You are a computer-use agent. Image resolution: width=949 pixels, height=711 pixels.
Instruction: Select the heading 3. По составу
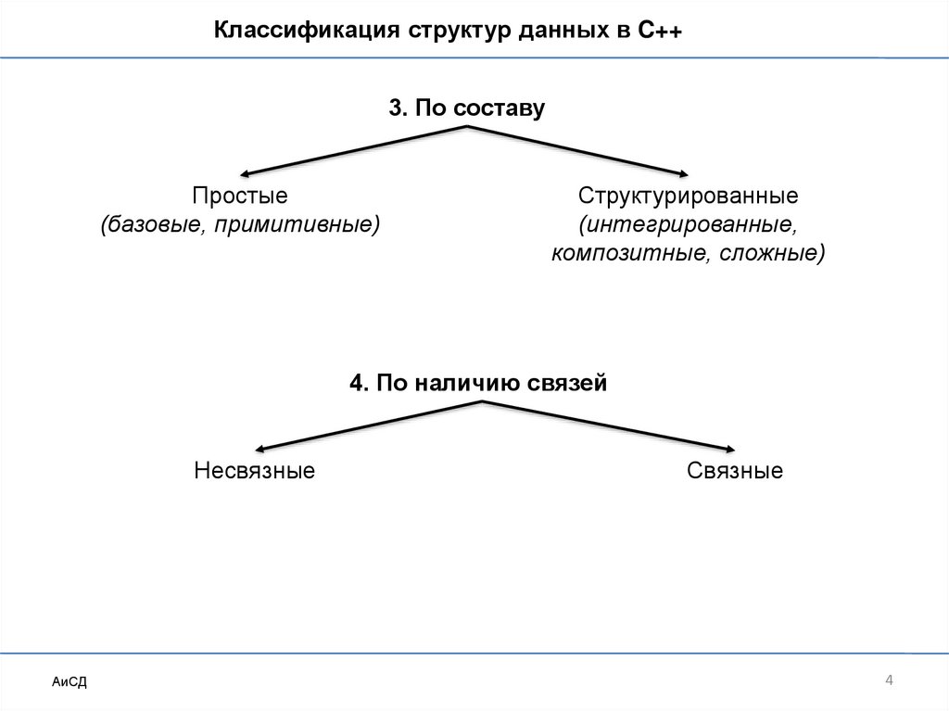(x=466, y=108)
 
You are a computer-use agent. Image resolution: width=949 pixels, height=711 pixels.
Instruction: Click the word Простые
(x=240, y=197)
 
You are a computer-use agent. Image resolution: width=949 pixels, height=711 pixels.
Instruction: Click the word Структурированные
(x=689, y=197)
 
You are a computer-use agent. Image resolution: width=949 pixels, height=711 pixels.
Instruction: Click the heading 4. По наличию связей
(x=478, y=383)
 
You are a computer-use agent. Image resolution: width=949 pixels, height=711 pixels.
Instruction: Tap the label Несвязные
(x=255, y=471)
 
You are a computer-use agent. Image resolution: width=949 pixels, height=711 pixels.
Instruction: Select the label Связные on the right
(x=735, y=471)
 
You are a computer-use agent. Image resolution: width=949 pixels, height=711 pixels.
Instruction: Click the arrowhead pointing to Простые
(x=247, y=172)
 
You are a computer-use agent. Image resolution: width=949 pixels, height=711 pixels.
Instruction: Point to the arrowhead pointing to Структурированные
(x=682, y=172)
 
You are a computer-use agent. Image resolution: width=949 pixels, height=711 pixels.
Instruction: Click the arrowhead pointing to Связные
(x=728, y=448)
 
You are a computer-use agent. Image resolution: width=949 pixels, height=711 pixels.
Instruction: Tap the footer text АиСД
(x=70, y=682)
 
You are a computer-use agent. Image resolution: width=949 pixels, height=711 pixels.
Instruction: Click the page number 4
(x=889, y=682)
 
